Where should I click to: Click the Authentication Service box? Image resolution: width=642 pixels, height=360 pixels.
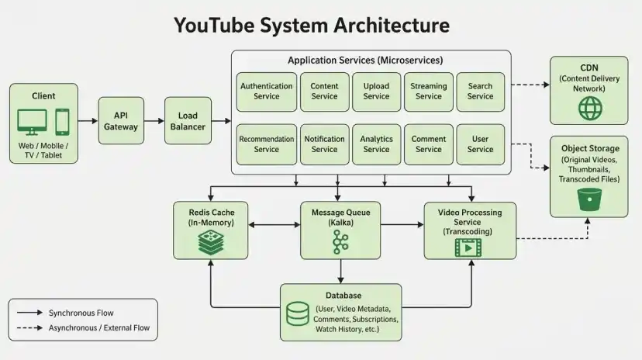pos(267,92)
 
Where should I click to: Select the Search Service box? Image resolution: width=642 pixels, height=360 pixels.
pos(480,92)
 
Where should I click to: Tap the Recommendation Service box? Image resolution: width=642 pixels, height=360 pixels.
pos(267,144)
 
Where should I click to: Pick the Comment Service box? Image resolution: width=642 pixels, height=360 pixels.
pos(429,144)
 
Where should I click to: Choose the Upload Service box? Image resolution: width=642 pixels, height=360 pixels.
pos(376,92)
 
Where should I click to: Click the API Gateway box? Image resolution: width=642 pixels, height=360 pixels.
pos(121,120)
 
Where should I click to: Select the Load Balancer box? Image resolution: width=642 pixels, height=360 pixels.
pos(188,120)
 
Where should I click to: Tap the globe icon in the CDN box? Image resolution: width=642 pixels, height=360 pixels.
pos(590,109)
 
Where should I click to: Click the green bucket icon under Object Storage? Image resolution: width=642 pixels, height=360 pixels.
pos(589,199)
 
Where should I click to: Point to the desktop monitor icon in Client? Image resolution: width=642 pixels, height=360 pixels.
pos(32,122)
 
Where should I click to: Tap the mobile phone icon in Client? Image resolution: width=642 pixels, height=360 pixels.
pos(62,122)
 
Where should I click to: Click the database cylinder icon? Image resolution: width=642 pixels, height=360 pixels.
pos(298,313)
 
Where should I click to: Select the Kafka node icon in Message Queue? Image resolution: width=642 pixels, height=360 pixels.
pos(340,241)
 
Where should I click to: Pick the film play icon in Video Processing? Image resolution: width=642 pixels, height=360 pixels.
pos(468,248)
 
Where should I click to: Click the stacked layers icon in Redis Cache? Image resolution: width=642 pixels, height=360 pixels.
pos(211,243)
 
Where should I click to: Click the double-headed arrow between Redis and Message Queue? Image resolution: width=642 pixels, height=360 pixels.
pos(274,225)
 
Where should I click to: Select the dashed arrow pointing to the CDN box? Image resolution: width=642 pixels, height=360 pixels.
pos(530,85)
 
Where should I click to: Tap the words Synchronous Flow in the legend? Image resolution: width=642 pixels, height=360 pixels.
pos(81,313)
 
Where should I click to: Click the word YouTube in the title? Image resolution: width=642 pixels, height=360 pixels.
pos(214,25)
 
